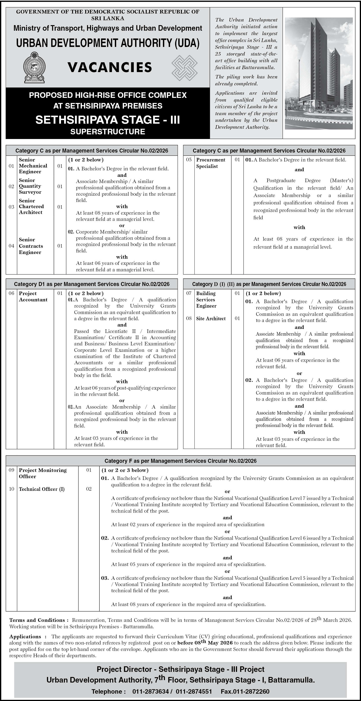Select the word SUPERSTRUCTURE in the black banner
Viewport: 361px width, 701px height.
[107, 132]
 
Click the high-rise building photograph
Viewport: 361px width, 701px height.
[318, 73]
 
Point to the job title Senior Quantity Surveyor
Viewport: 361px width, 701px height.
[30, 186]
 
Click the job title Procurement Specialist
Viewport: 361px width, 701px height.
[211, 163]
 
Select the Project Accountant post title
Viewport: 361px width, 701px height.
[33, 297]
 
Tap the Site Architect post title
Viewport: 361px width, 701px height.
[211, 318]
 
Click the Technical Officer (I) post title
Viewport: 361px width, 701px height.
[41, 489]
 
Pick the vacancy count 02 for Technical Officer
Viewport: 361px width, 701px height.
[89, 489]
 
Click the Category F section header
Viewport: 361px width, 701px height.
[180, 461]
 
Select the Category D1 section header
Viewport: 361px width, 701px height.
[91, 284]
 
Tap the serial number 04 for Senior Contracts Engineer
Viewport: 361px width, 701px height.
[11, 246]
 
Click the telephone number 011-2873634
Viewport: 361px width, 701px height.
[150, 691]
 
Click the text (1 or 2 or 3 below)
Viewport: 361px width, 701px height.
[125, 470]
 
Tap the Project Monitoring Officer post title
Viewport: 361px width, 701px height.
[43, 473]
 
